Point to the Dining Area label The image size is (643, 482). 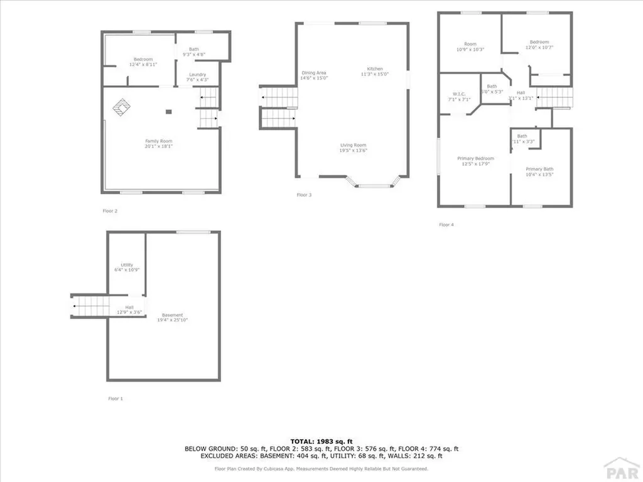tap(314, 73)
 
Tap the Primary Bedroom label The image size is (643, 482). tap(475, 158)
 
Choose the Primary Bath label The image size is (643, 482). tap(539, 169)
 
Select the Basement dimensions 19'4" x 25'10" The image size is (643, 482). tap(173, 320)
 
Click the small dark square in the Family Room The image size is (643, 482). tap(168, 112)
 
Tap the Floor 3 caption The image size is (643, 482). tap(304, 195)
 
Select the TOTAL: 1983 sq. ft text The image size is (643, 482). tap(321, 441)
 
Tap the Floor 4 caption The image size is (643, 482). tap(445, 225)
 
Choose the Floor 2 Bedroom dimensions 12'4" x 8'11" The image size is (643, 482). tap(143, 65)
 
